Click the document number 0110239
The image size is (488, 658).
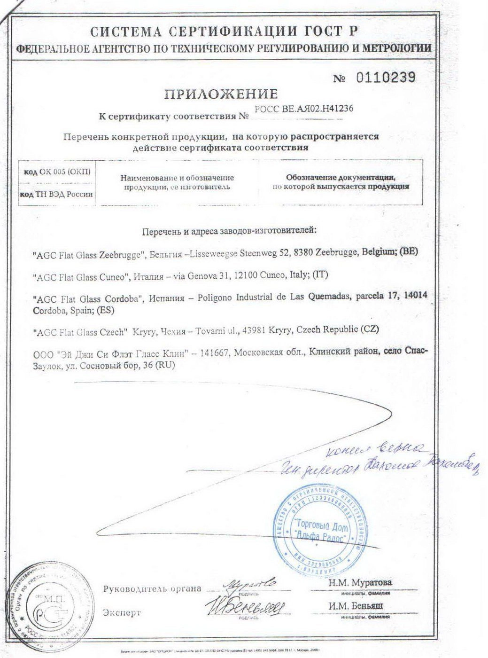386,78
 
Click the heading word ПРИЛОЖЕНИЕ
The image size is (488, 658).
221,94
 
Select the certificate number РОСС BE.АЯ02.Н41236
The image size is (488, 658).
303,109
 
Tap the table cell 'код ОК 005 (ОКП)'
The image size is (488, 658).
57,172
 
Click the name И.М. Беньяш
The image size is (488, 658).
356,606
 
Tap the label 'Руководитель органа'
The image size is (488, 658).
152,588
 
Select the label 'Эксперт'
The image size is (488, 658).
122,613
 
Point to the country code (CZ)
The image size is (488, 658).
369,330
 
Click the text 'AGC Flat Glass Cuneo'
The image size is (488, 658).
81,277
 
